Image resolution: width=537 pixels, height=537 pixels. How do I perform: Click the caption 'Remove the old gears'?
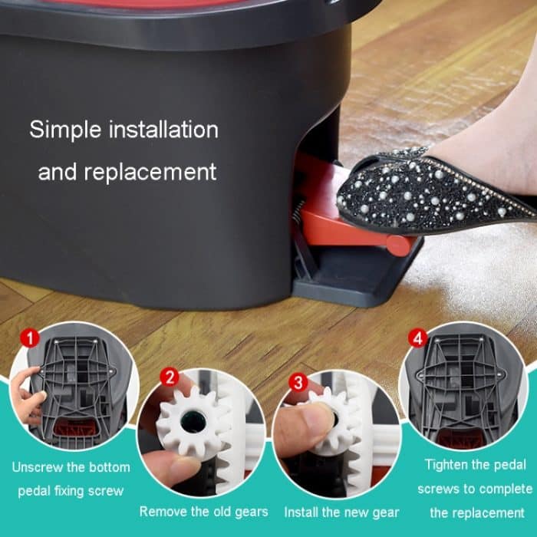203,511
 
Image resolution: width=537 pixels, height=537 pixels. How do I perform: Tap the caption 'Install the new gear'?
341,511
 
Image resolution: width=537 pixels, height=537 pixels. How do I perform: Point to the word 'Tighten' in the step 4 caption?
448,465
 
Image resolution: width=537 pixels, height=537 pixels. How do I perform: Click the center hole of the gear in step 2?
191,423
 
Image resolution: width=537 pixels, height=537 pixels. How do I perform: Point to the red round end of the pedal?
398,245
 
